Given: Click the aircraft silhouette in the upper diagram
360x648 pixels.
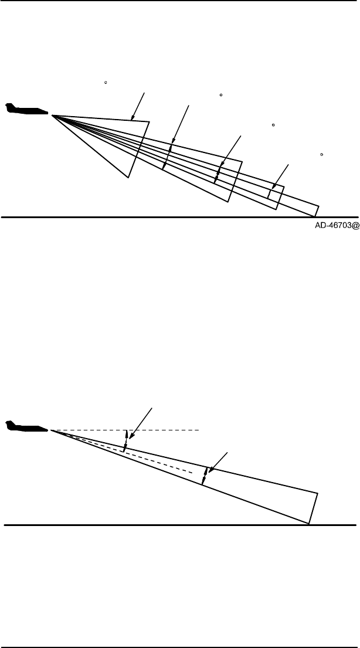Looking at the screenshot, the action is pos(26,110).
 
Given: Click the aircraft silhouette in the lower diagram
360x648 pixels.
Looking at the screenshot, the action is pos(26,425).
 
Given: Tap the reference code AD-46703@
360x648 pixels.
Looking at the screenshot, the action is pos(332,225).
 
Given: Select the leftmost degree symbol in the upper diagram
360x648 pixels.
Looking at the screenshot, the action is pos(105,83).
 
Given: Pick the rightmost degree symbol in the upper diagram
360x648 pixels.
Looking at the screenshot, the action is pos(322,154).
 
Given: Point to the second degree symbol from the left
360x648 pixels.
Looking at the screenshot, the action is pos(220,94).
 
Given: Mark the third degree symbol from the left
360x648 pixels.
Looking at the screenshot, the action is pos(273,125).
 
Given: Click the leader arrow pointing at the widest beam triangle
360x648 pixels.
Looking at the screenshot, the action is pos(139,106).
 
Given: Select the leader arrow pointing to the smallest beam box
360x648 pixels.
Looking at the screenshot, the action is pos(280,176).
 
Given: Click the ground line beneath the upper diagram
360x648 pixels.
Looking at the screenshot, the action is pos(176,217).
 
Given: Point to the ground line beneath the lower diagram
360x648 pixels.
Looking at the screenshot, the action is pos(176,524).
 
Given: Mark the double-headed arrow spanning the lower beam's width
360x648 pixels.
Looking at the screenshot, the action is pos(204,476).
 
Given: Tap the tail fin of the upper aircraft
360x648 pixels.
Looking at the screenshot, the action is pos(9,106).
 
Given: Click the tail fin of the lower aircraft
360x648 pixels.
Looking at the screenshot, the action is pos(9,422).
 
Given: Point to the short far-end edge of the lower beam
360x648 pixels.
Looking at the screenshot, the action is pos(313,508).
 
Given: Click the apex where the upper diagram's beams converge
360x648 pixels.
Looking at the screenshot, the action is pos(53,116).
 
